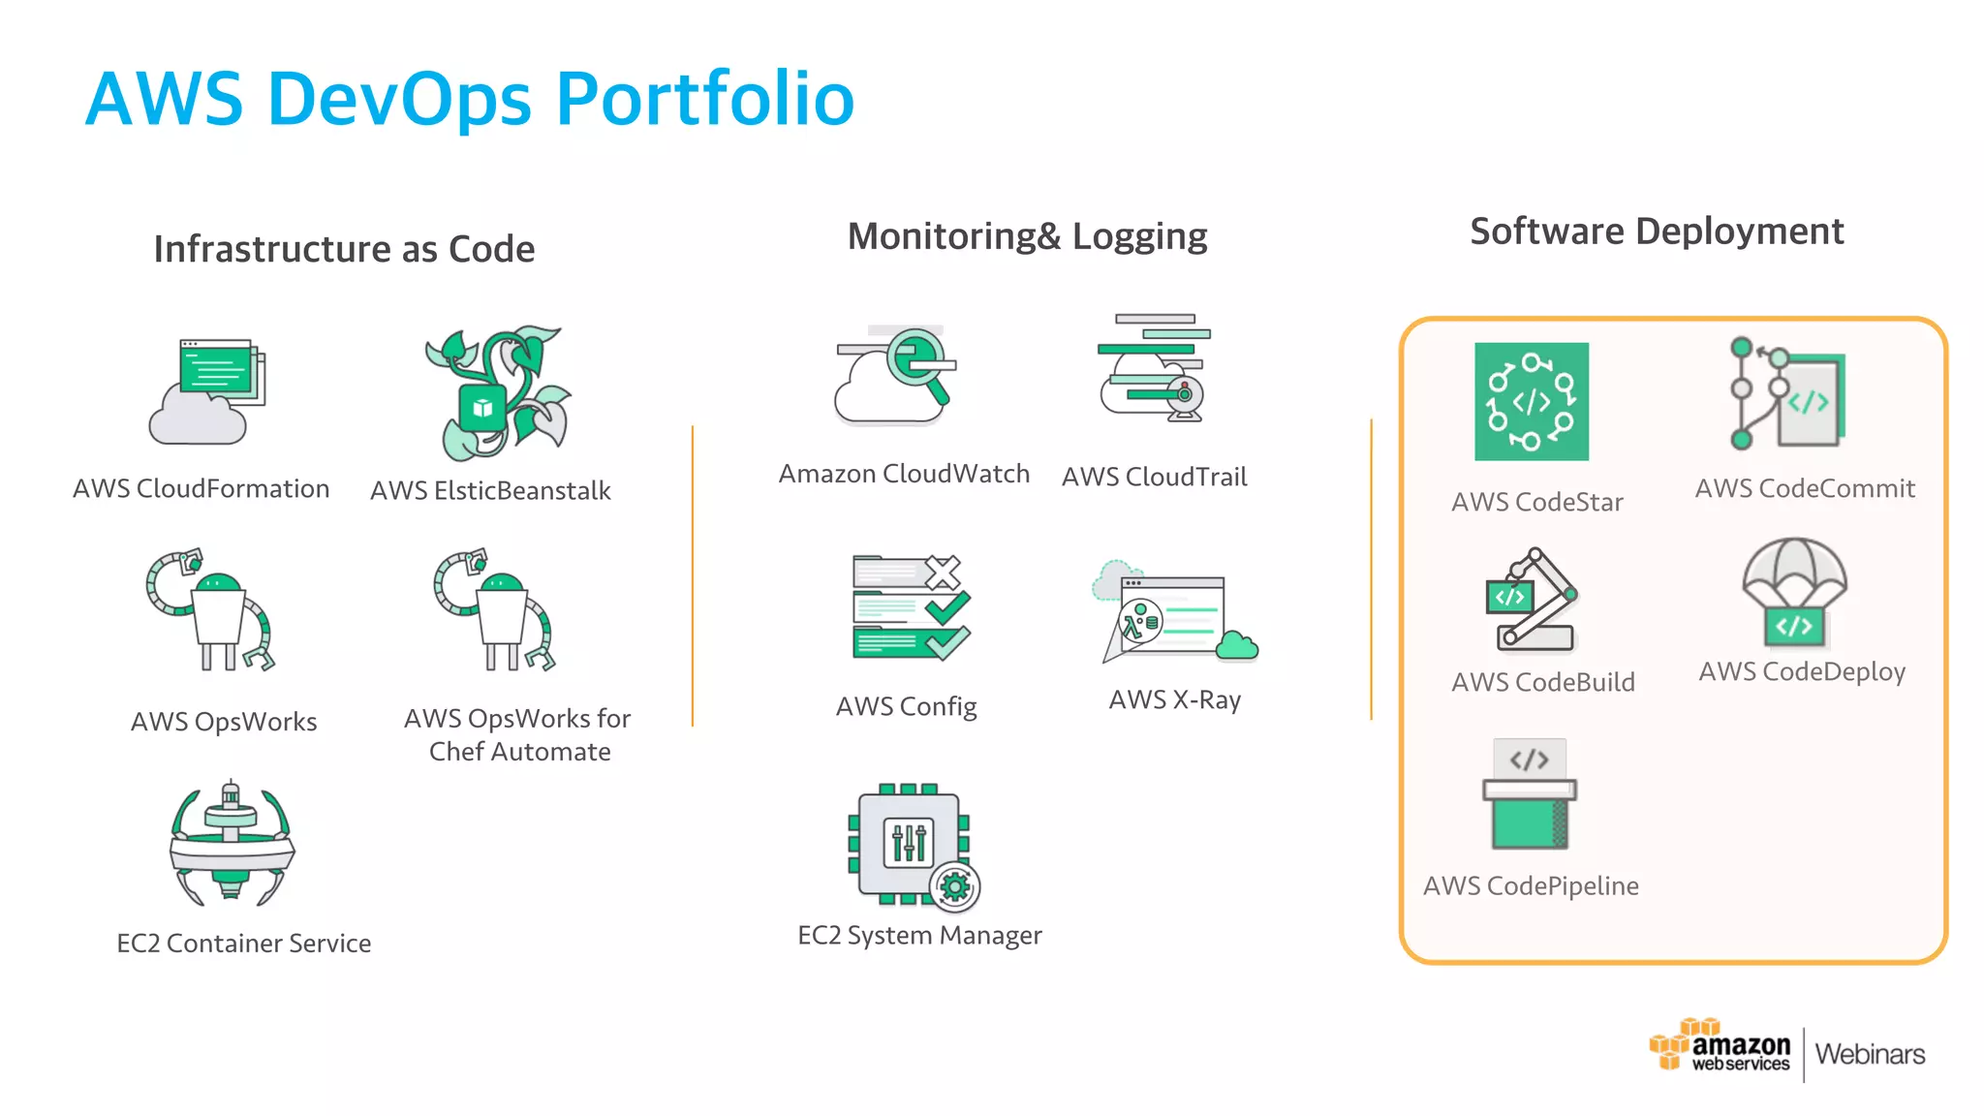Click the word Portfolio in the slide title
(x=704, y=99)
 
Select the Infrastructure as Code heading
(x=344, y=249)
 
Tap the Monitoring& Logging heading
(x=1027, y=236)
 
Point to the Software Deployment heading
(x=1657, y=232)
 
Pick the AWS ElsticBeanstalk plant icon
(x=497, y=392)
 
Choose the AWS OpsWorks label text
(x=224, y=722)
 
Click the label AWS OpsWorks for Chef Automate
(x=518, y=734)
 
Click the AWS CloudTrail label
(x=1154, y=477)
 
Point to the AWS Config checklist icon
(x=910, y=608)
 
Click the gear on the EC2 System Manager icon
(x=955, y=886)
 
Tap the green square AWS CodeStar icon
(x=1532, y=401)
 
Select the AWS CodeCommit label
(x=1805, y=488)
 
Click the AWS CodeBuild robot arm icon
(x=1532, y=600)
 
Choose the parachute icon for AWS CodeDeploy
(x=1794, y=592)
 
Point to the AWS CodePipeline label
(x=1531, y=885)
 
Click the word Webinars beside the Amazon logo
(x=1870, y=1054)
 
